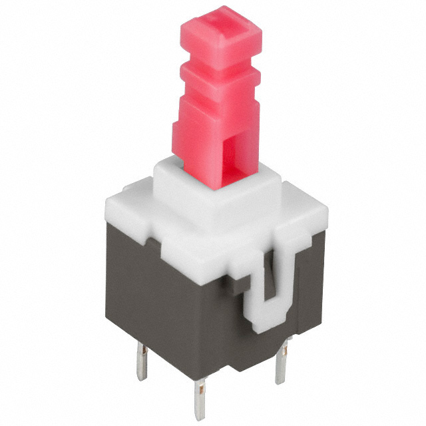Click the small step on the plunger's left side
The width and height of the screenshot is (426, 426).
178,127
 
